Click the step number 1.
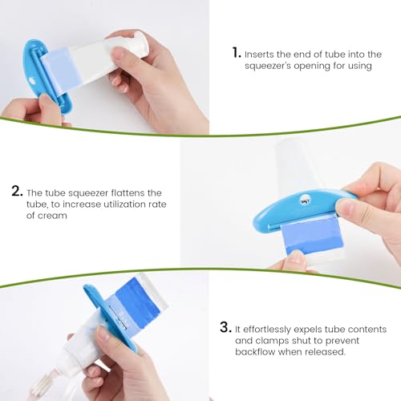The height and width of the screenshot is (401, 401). click(237, 53)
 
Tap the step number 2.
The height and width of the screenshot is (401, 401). click(17, 191)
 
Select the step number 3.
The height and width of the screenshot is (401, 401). click(225, 327)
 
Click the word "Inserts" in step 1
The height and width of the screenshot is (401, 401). click(259, 55)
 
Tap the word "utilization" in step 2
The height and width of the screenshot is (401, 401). click(124, 205)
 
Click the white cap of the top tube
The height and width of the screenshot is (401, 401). click(141, 43)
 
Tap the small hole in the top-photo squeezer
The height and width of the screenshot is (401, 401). click(32, 80)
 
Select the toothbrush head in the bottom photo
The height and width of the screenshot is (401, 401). click(43, 386)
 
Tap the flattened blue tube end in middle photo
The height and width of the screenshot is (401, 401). click(312, 235)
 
